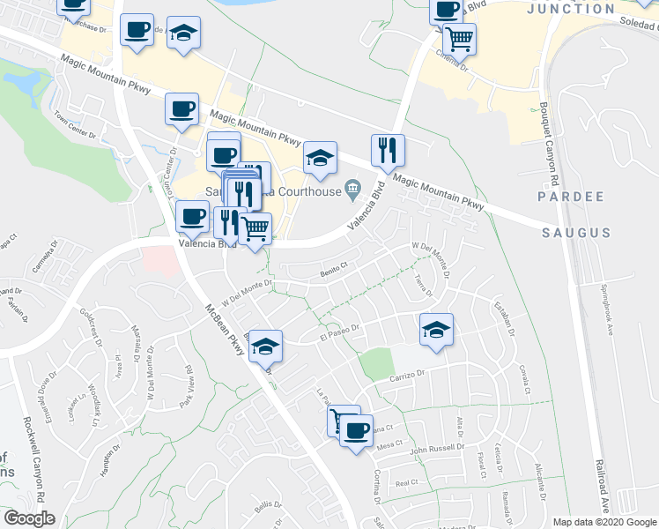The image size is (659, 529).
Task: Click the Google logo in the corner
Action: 29,518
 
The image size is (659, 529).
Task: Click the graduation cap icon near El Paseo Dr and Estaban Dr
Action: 436,330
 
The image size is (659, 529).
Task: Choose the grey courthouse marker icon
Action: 352,187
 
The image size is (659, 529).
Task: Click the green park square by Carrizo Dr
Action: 374,362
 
